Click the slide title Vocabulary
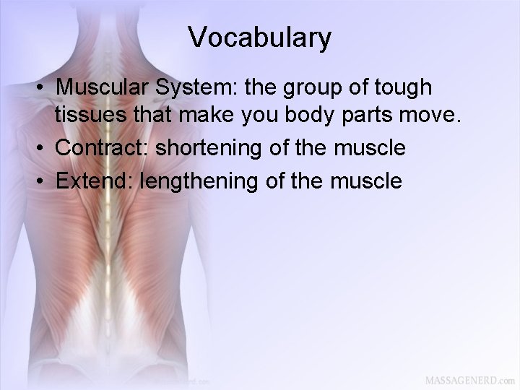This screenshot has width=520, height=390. click(260, 38)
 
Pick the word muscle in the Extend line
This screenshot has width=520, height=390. click(364, 179)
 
